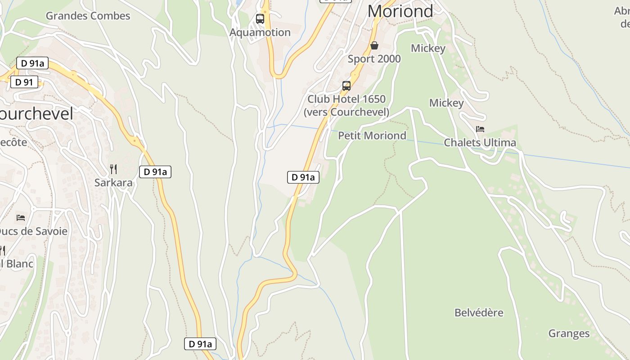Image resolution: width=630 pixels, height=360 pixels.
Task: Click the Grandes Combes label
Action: pos(88,16)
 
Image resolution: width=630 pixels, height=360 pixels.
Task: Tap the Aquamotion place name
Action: pos(260,32)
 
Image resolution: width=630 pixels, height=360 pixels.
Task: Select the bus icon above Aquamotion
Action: pos(260,19)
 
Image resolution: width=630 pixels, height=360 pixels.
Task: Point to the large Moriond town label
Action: pos(400,11)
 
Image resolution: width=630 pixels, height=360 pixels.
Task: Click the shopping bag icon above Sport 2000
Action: pos(374,45)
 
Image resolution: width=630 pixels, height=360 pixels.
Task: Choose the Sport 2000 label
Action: pos(374,58)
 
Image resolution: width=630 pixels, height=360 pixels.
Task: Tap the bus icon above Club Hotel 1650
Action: pos(346,86)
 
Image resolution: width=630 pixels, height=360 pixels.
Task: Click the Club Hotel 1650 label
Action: pos(346,99)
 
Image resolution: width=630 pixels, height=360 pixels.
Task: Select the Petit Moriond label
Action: pos(372,135)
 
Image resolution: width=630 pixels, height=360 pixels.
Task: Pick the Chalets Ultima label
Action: pos(480,143)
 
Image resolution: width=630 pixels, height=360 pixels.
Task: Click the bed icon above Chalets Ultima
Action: pos(480,129)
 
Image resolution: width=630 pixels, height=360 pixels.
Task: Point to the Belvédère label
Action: pos(479,313)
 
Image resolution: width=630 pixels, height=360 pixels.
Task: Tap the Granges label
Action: pos(569,333)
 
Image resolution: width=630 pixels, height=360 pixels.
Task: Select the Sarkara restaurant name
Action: pos(113,182)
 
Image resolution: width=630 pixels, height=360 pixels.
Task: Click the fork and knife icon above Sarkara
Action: pos(113,169)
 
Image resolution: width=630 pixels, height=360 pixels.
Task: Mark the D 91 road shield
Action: pos(24,82)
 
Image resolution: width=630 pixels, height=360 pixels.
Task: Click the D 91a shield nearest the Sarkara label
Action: pos(155,171)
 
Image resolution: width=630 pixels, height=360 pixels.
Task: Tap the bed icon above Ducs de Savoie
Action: pos(21,218)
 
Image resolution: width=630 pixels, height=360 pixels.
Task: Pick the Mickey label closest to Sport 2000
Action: pos(428,48)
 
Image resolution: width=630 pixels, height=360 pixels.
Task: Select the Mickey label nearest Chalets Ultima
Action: pos(446,103)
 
